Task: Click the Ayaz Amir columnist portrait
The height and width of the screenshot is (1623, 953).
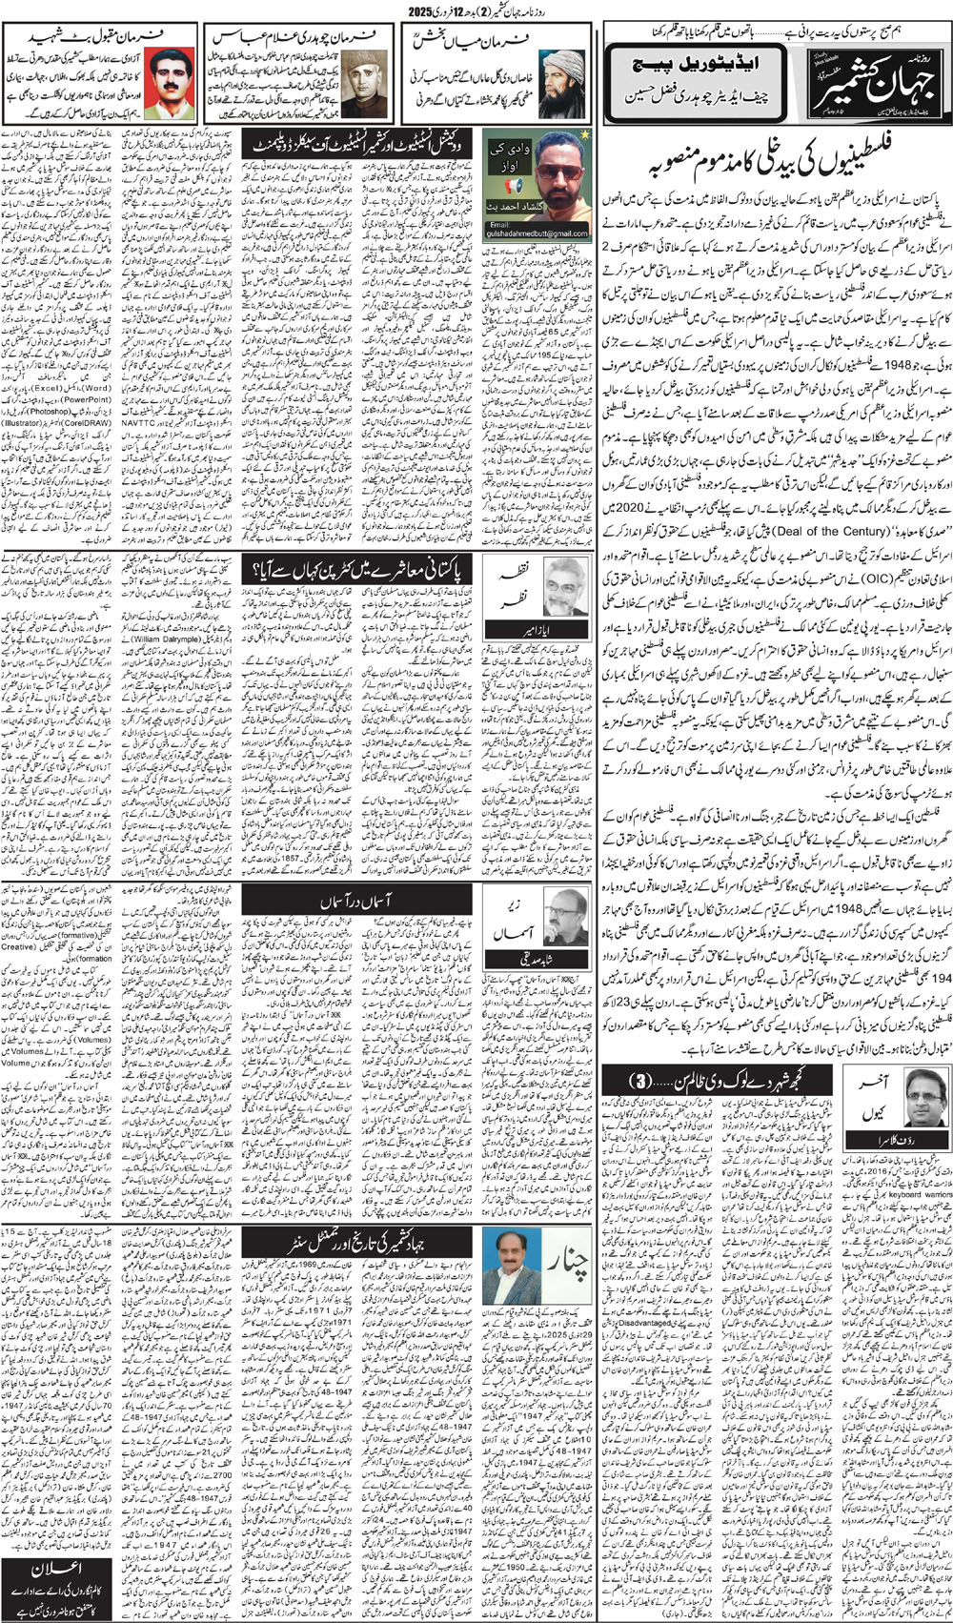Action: coord(564,590)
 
